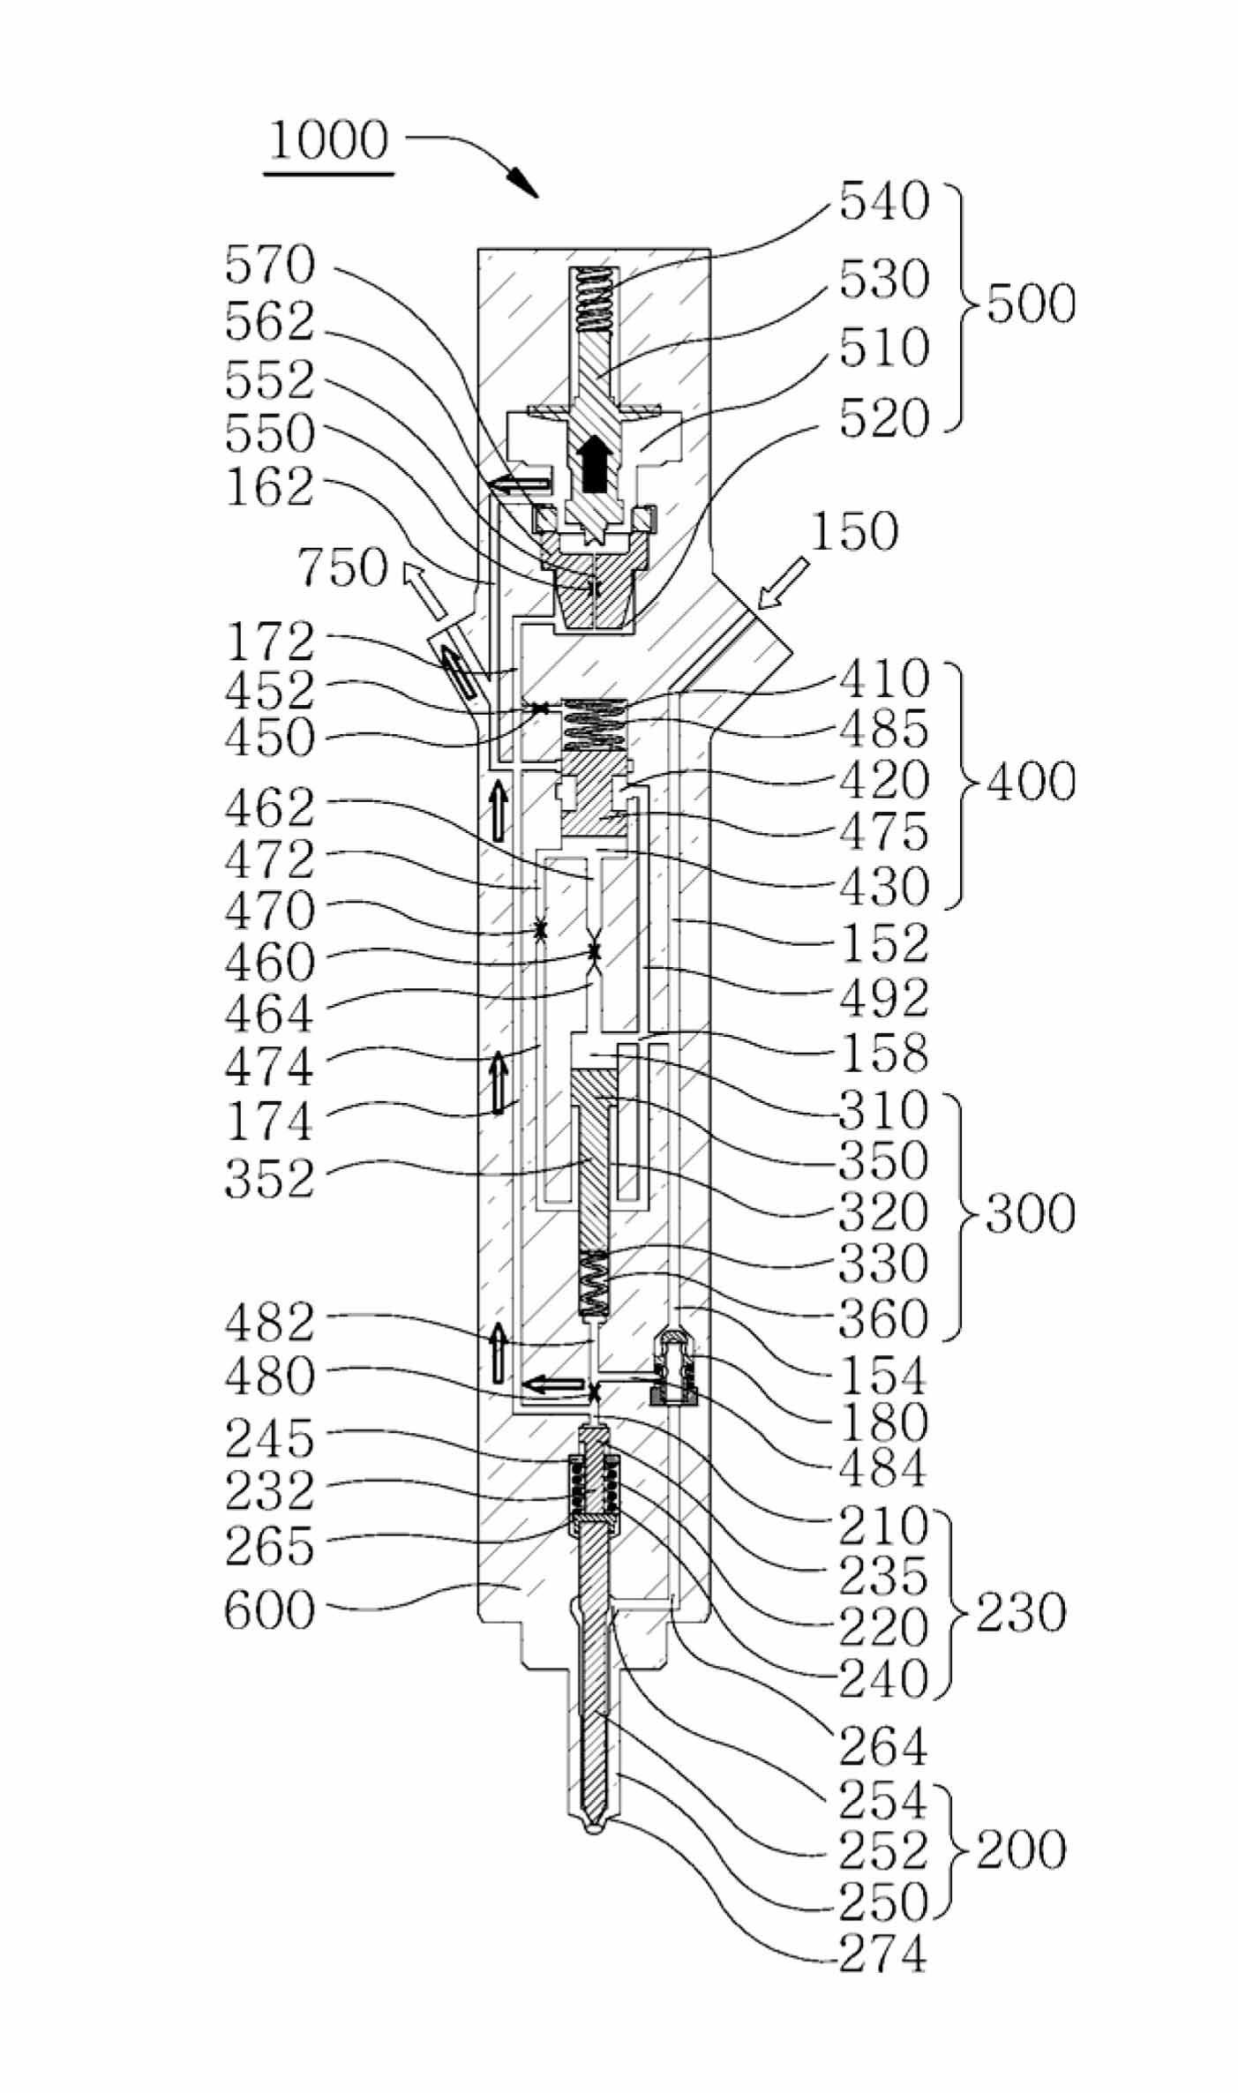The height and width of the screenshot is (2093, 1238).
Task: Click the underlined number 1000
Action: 328,140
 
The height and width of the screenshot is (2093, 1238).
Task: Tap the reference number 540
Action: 884,202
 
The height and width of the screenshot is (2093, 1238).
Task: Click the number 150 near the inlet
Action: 853,532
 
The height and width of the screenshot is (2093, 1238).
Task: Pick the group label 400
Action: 1031,782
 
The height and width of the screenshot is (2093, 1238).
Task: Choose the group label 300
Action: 1031,1214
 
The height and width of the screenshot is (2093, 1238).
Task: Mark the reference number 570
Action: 270,265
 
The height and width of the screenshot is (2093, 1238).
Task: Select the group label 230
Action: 1021,1612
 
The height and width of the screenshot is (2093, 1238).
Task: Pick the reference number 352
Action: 270,1179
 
